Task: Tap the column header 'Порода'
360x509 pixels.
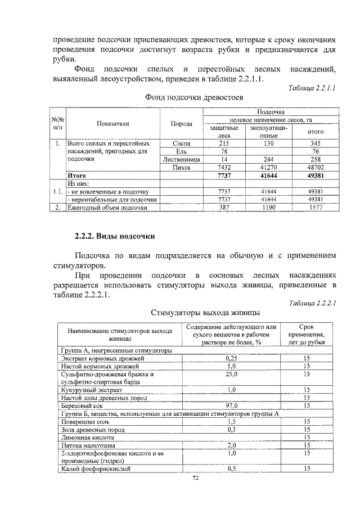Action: click(181, 124)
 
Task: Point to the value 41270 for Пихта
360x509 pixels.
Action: click(268, 168)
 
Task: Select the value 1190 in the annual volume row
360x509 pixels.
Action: click(268, 208)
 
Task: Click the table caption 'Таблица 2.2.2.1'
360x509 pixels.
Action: click(312, 303)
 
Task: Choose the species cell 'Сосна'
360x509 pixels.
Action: click(181, 143)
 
